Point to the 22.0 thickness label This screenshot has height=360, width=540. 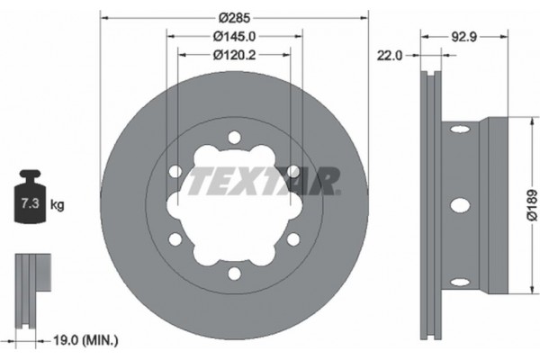click(x=390, y=55)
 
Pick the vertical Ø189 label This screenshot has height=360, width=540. click(x=531, y=203)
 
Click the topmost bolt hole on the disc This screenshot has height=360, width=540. click(x=234, y=137)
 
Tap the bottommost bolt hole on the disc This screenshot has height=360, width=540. click(x=234, y=272)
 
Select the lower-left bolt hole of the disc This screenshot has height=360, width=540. click(x=175, y=238)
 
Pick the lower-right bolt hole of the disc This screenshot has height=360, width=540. click(x=292, y=238)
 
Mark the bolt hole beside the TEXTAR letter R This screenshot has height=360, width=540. click(x=292, y=171)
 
